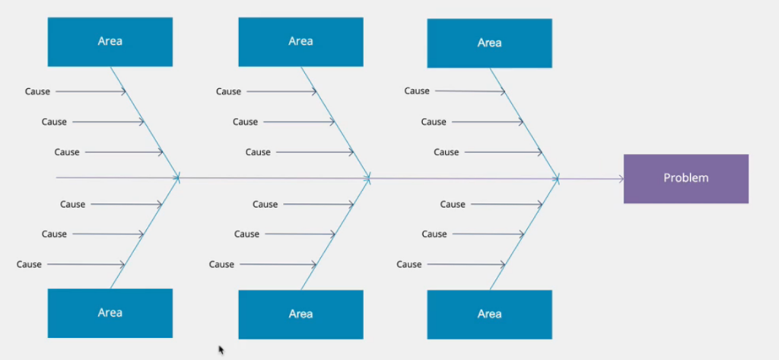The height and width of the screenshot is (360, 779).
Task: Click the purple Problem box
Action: click(x=685, y=179)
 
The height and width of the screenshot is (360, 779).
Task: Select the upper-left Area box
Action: click(x=110, y=41)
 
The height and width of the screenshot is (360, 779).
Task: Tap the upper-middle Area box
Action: click(x=300, y=41)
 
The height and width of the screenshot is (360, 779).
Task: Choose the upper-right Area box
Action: click(x=489, y=43)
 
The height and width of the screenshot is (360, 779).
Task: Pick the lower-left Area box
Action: click(x=110, y=313)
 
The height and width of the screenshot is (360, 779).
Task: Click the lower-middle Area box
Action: click(x=300, y=314)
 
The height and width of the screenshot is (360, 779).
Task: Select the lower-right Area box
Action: click(x=489, y=314)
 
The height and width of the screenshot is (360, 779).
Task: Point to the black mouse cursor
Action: click(x=221, y=350)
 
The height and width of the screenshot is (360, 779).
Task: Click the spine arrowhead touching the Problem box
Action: click(x=621, y=179)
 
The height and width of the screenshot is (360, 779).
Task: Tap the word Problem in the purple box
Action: click(x=685, y=178)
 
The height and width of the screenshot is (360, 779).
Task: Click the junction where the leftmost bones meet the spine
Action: click(x=178, y=178)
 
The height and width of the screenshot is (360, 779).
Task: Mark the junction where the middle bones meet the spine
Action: click(x=368, y=178)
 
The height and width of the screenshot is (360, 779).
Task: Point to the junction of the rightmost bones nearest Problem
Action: click(x=558, y=179)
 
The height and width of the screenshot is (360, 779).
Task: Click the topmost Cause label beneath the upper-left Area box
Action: click(x=37, y=91)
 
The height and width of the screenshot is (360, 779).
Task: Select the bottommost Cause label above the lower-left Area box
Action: click(x=29, y=264)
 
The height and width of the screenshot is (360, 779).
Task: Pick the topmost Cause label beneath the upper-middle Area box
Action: click(x=228, y=91)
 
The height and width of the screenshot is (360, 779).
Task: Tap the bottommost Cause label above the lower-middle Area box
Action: click(x=221, y=264)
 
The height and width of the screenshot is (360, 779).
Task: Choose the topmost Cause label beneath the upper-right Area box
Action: click(x=417, y=91)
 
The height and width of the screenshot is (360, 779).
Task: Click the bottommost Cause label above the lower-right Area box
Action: click(x=409, y=264)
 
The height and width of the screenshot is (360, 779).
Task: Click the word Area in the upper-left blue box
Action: click(x=110, y=41)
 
